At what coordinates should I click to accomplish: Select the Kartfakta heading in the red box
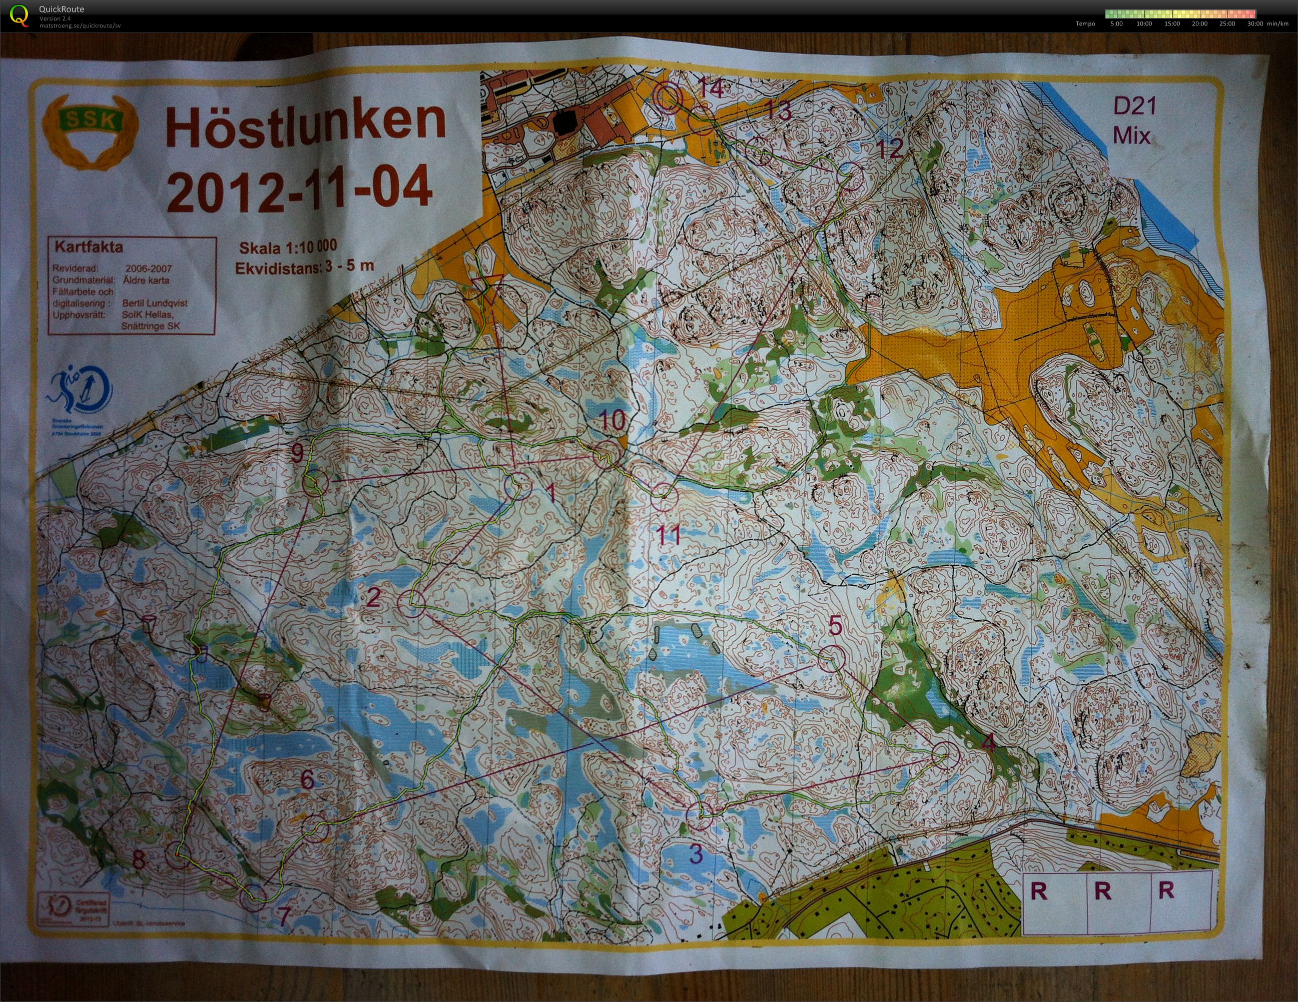coord(89,247)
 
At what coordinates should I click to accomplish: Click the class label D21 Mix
coord(1134,121)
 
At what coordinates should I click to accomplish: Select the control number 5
coord(835,626)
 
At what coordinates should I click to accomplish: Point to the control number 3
coord(696,854)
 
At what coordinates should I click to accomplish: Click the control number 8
coord(139,860)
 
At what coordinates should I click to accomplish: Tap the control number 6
coord(307,779)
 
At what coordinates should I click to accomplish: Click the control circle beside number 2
coord(411,603)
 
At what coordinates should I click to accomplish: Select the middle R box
coord(1102,891)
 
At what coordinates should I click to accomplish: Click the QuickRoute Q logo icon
coord(19,15)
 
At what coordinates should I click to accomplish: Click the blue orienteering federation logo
coord(80,391)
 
